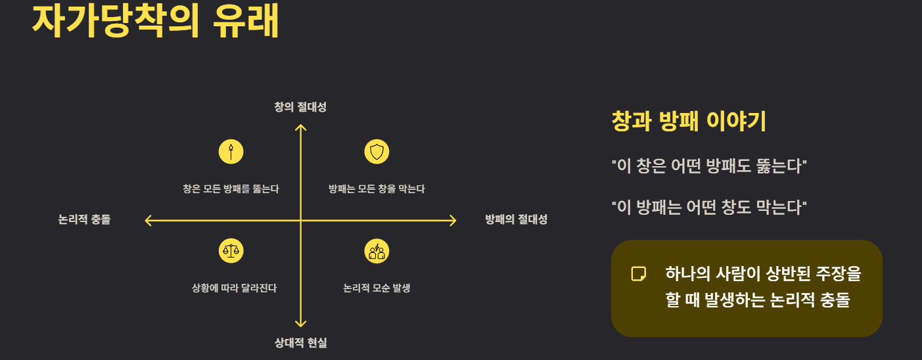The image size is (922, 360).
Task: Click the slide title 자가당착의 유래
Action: pos(156,21)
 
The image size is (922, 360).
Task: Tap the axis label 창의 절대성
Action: pos(300,107)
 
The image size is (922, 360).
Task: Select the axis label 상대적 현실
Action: pos(300,342)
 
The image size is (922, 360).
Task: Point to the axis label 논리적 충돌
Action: pos(84,220)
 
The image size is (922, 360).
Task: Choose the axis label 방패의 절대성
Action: pos(516,220)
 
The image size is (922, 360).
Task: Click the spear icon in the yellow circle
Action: pos(231,152)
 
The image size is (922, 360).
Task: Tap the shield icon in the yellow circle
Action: pos(377,152)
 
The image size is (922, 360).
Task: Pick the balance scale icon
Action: pos(231,250)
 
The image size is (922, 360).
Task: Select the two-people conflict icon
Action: pos(377,250)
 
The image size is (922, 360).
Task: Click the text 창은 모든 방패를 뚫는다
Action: pos(231,189)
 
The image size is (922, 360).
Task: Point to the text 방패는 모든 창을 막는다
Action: pos(377,189)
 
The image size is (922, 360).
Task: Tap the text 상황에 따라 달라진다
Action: pos(234,288)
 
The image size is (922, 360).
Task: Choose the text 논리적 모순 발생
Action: pos(377,288)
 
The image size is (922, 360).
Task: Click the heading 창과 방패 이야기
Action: pos(689,122)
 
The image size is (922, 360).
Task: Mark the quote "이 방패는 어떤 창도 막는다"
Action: pos(709,208)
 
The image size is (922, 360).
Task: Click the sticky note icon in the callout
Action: pos(638,274)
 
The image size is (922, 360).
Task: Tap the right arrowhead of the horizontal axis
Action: pos(452,221)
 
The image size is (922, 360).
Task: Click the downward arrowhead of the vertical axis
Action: pos(300,323)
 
